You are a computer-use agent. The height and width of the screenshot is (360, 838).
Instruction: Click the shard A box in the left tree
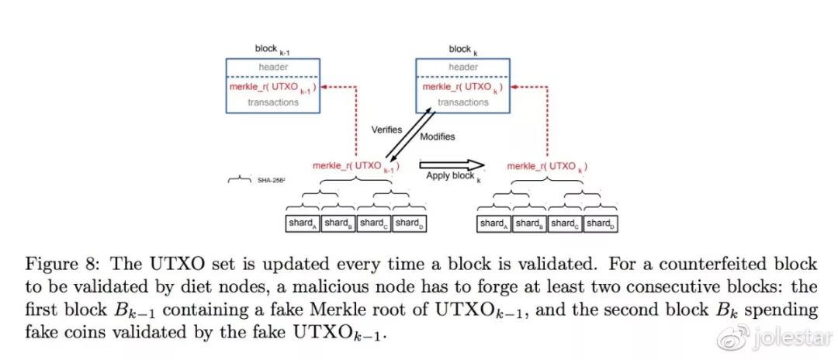[303, 223]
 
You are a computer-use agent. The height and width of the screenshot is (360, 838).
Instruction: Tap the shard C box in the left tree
[374, 223]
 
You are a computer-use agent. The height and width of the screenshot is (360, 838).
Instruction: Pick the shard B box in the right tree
[530, 223]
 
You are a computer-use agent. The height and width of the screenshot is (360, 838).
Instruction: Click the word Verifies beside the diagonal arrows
[386, 130]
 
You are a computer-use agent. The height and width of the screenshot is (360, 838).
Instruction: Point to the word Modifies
[437, 137]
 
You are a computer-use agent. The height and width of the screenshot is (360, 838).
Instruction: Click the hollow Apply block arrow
[452, 165]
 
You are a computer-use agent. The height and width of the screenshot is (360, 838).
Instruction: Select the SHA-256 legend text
[271, 181]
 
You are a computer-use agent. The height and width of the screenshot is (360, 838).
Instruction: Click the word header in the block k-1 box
[273, 67]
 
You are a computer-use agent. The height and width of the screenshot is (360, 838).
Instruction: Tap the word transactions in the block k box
[462, 102]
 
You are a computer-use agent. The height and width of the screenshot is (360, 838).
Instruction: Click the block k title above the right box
[462, 50]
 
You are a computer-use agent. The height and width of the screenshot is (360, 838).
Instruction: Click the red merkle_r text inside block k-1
[272, 88]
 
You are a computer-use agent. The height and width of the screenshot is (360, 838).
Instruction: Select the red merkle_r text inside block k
[462, 87]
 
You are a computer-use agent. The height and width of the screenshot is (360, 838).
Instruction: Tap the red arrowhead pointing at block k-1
[324, 87]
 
